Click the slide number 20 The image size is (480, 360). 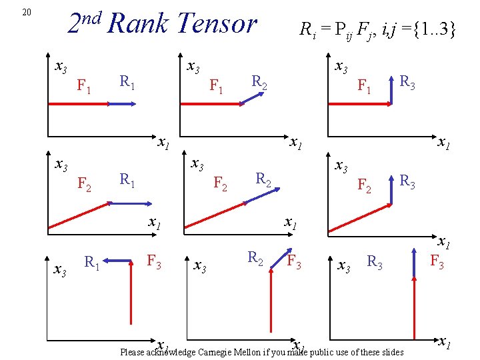(27, 12)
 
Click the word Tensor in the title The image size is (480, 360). (216, 25)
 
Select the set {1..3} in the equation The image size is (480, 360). (427, 29)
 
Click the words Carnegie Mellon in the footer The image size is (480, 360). (230, 352)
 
